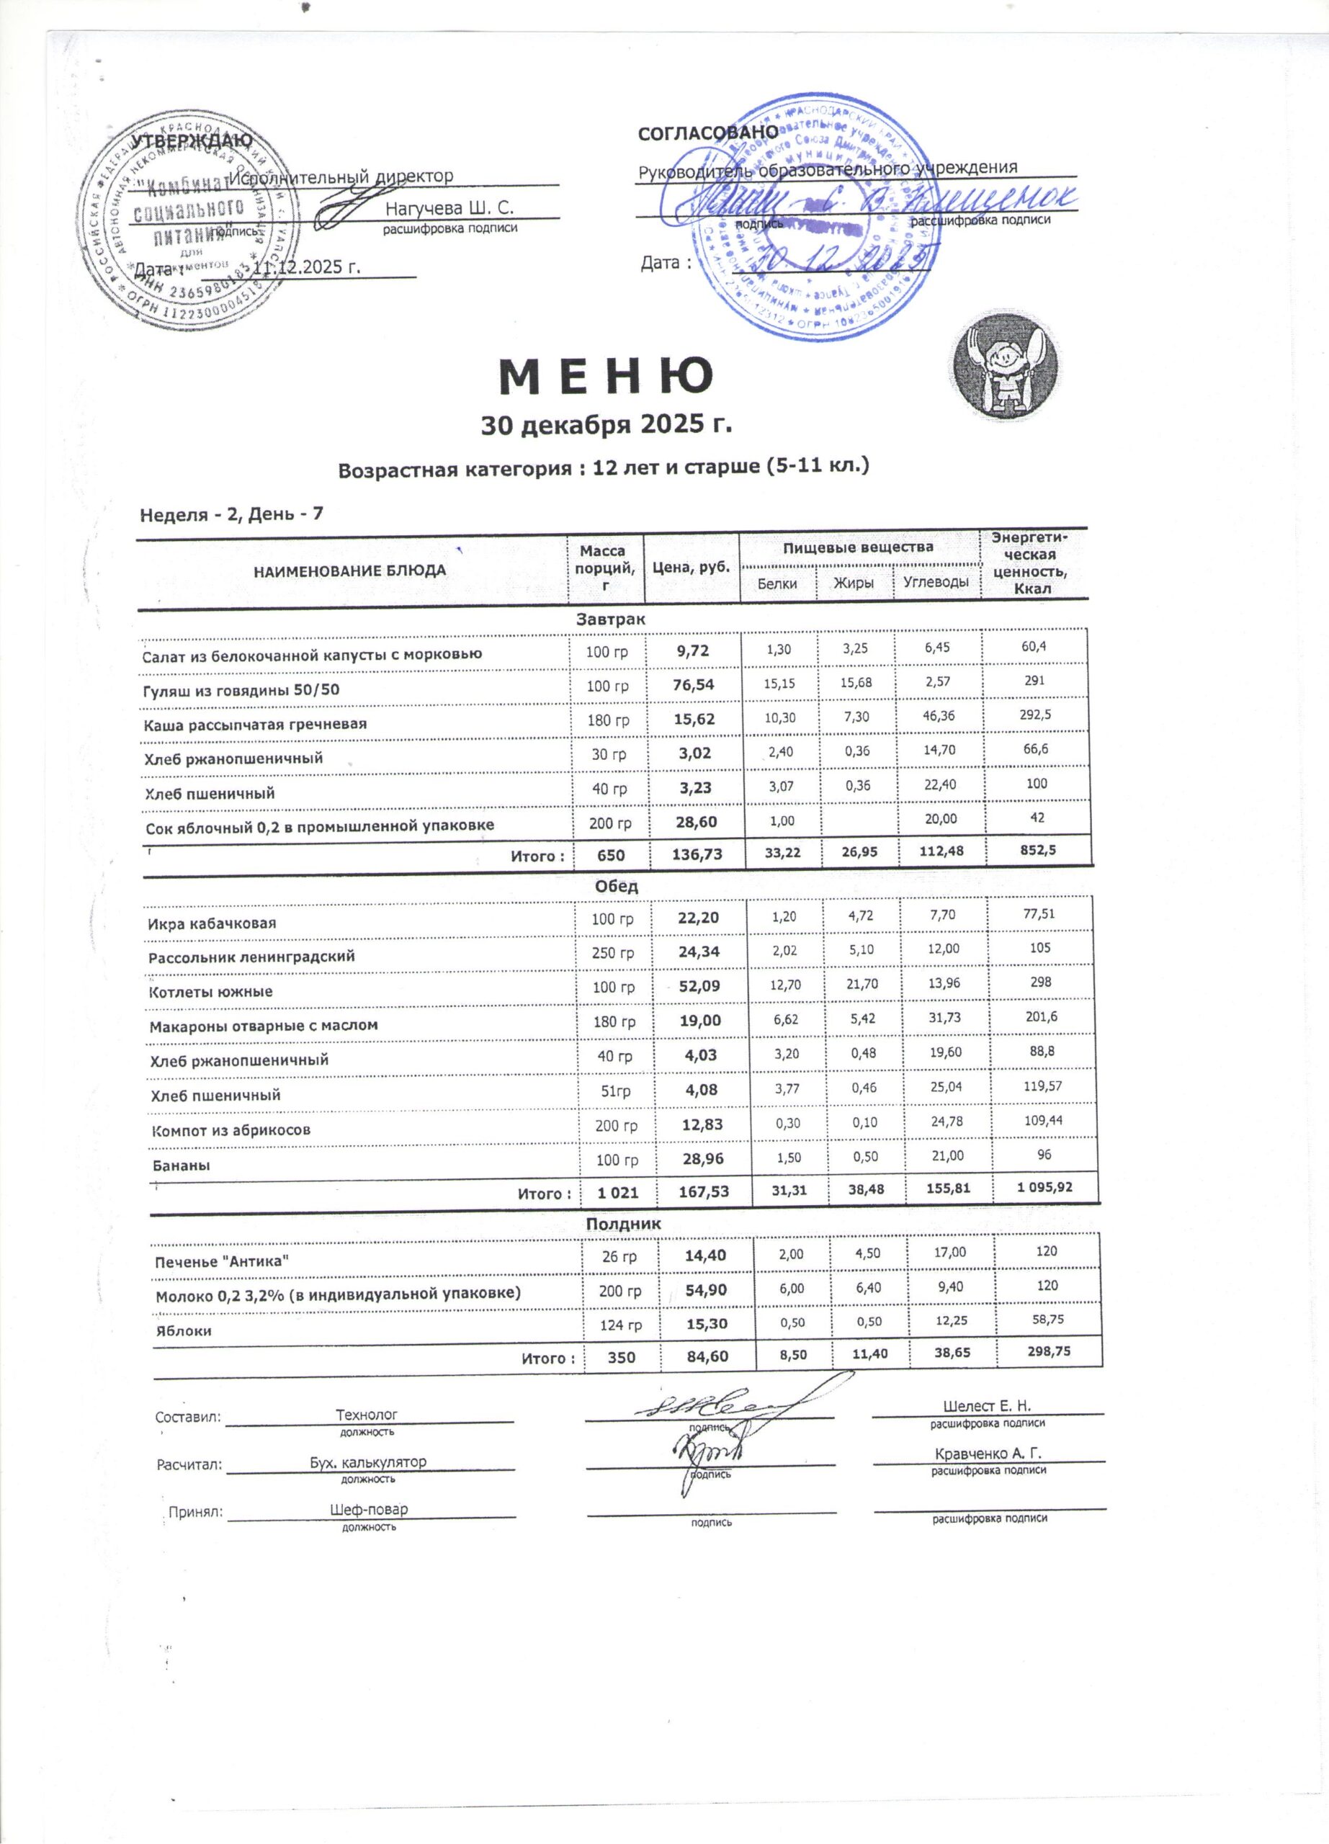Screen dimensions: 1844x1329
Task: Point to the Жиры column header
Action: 854,583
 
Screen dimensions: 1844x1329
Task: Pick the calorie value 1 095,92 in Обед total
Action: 1044,1187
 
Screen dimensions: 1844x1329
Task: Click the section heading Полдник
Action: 624,1224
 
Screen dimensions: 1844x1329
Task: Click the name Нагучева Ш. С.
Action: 449,208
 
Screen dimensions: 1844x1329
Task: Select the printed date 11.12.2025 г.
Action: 308,267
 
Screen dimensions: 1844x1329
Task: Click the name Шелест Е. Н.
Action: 987,1407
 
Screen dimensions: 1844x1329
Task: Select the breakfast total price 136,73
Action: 694,854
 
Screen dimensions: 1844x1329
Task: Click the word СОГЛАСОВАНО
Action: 707,133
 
